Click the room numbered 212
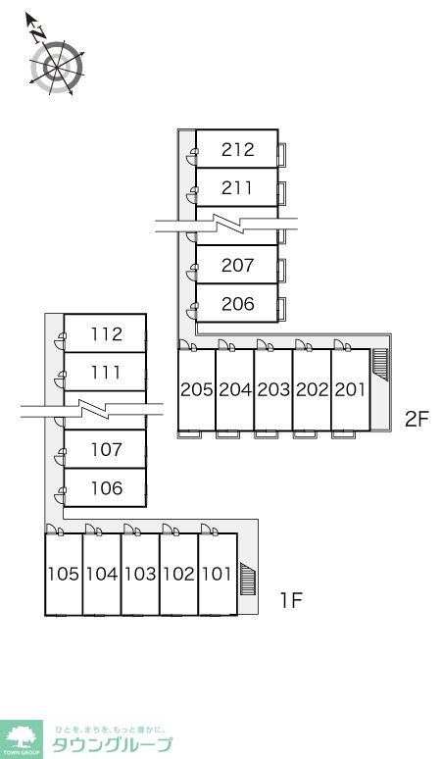tap(237, 149)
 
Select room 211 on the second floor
tap(237, 188)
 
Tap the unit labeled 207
tap(237, 265)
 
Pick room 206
tap(237, 304)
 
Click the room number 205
tap(197, 389)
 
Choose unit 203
tap(273, 389)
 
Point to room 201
tap(351, 389)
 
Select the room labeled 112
tap(106, 333)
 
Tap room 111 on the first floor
tap(106, 373)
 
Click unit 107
tap(106, 449)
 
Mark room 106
tap(106, 488)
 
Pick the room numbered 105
tap(64, 574)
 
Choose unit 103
tap(141, 574)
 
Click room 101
tap(218, 574)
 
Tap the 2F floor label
tap(417, 419)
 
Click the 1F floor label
tap(291, 601)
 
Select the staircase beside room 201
tap(380, 366)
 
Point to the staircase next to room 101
tap(248, 579)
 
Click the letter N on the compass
tap(38, 33)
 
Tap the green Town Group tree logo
tap(21, 739)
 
